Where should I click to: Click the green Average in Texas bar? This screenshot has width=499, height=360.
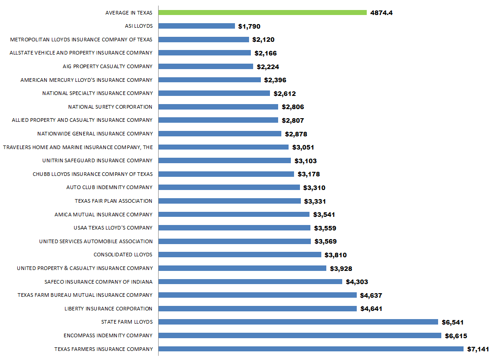263,13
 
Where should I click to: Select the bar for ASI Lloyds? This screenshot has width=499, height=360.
197,26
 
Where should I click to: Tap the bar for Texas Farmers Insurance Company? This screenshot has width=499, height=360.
311,349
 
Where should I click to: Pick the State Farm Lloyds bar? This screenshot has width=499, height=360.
299,322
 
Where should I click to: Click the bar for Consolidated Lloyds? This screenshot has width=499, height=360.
240,255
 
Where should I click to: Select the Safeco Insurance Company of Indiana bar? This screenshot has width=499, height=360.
250,282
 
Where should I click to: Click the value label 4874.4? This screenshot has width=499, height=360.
381,13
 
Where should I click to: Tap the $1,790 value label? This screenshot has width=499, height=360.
249,26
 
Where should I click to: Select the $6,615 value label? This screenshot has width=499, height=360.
456,336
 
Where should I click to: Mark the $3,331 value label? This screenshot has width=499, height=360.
315,201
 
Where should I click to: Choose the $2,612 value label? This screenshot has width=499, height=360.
284,94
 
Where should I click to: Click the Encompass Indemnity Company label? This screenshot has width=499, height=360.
108,335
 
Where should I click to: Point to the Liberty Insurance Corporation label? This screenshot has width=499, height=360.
109,309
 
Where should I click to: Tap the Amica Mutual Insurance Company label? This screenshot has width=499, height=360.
104,215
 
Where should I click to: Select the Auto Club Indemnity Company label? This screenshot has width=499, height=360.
110,187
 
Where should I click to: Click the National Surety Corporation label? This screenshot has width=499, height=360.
110,107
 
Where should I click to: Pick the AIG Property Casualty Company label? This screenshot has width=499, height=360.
108,66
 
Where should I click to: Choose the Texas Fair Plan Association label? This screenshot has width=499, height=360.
114,201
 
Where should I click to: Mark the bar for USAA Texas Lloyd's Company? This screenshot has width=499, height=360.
235,228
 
